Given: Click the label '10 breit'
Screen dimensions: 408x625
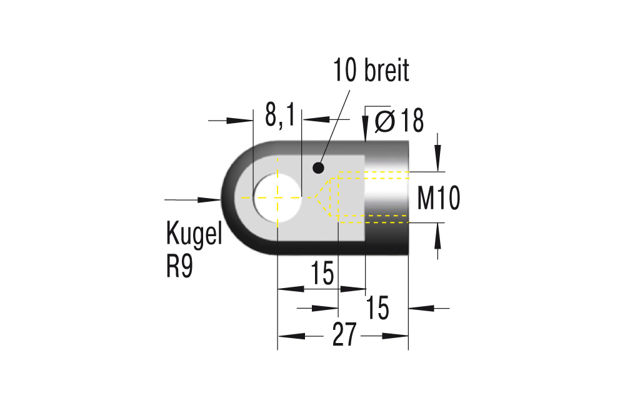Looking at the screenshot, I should click(371, 71).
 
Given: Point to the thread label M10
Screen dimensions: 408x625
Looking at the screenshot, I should click(439, 199).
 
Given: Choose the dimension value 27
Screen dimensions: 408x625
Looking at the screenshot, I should click(344, 336).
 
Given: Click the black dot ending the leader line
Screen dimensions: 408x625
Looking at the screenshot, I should click(318, 167).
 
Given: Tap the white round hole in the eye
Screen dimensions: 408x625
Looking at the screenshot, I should click(277, 197).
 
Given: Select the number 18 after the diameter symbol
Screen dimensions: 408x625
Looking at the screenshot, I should click(412, 121).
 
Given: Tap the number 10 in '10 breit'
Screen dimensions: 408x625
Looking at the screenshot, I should click(346, 71).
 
